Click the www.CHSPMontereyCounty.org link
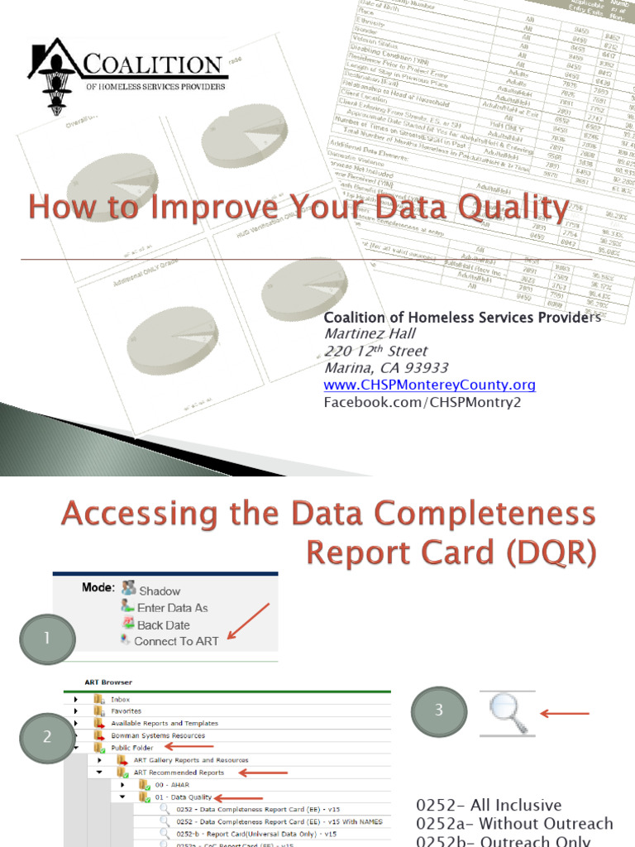tap(429, 385)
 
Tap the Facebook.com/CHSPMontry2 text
tap(422, 402)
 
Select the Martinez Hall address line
tap(369, 334)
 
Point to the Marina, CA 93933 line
tap(386, 368)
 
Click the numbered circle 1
tap(47, 638)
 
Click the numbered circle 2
tap(47, 735)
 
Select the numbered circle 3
tap(439, 710)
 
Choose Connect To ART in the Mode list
tap(175, 641)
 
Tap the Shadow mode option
tap(159, 591)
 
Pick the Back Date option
tap(163, 624)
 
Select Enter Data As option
tap(172, 608)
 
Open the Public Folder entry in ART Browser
tap(133, 748)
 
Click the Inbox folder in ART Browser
tap(121, 699)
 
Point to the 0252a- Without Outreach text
tap(515, 824)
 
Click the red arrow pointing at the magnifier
tap(564, 713)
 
